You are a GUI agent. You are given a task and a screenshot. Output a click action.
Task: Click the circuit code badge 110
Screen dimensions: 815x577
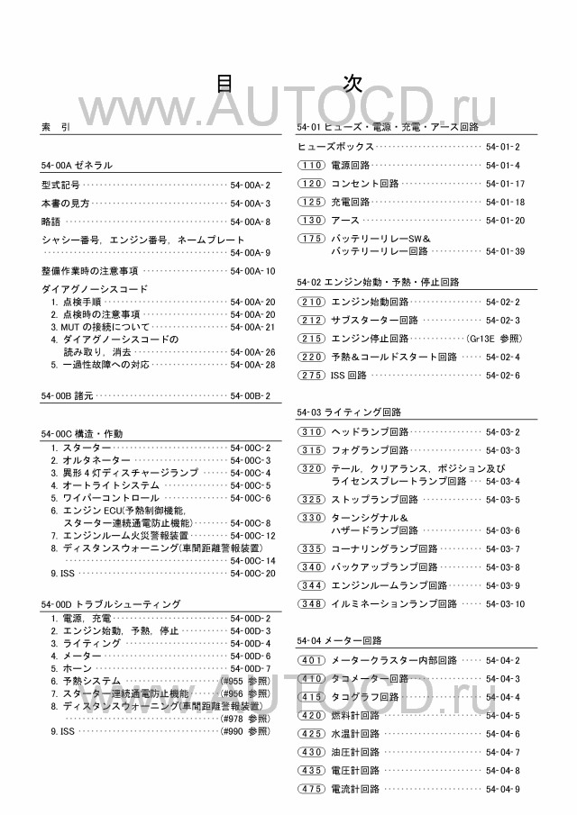310,165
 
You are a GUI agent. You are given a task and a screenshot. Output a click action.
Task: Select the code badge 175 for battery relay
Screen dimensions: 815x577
310,239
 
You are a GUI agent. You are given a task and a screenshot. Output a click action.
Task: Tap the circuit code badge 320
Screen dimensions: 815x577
310,468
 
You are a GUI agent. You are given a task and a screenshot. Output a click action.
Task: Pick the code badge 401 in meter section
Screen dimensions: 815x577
310,660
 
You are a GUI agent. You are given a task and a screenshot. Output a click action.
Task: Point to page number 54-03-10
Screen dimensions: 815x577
505,603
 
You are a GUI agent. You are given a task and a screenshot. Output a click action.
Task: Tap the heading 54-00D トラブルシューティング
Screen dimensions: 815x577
111,603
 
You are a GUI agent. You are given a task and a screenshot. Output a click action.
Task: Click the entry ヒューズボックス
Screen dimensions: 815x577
336,146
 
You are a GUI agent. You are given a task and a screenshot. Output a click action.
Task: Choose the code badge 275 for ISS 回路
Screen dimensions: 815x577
310,376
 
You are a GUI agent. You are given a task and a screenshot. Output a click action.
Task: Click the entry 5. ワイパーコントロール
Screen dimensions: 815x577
104,497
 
